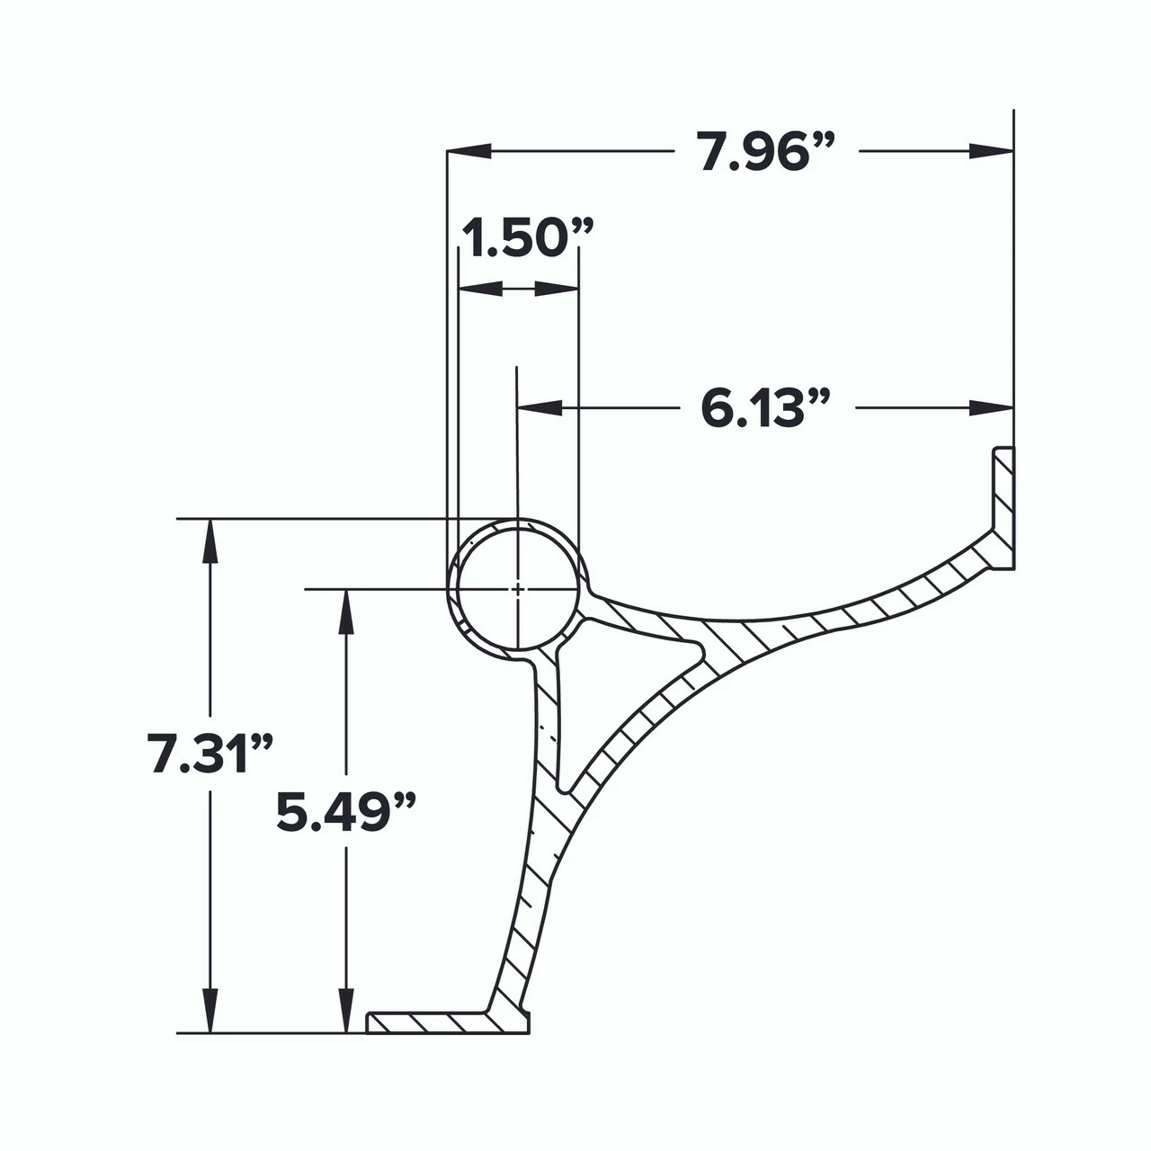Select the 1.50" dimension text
click(527, 239)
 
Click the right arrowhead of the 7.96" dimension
click(991, 151)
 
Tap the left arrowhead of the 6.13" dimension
click(540, 408)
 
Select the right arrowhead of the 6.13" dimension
click(991, 408)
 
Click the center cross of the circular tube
click(518, 589)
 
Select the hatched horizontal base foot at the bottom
click(432, 1022)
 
